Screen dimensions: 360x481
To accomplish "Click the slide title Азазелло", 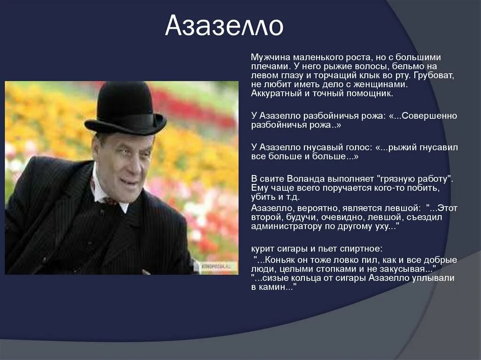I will (x=224, y=27).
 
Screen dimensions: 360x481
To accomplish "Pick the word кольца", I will (x=305, y=278).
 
